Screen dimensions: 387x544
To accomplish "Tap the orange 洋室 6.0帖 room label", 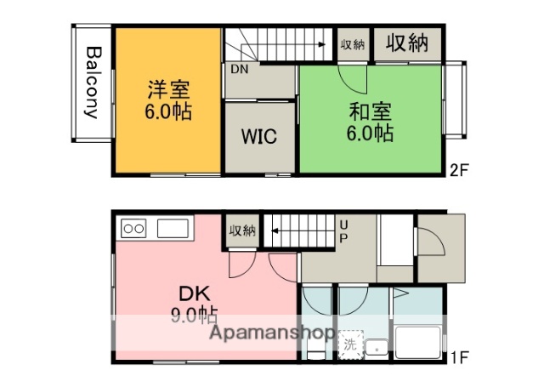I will point(168,100).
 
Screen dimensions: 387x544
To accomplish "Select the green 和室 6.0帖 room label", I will point(370,122).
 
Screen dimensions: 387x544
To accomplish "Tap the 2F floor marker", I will point(459,169).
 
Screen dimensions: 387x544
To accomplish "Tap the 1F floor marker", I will point(459,358).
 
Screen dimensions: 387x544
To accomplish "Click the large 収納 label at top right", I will point(407,43).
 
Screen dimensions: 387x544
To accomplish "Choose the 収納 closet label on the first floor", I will point(242,230).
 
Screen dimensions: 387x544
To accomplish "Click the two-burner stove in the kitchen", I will point(134,227).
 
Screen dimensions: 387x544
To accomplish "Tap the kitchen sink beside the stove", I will point(172,228).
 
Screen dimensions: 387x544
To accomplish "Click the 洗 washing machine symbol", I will point(349,345).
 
